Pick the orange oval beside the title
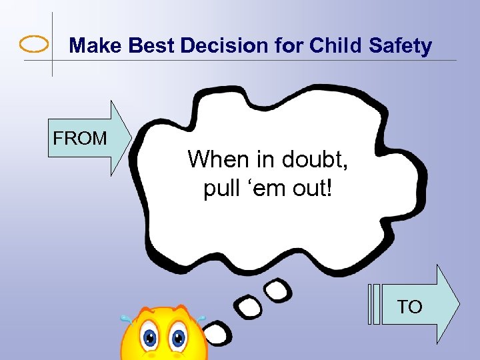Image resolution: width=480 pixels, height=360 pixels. click(x=34, y=45)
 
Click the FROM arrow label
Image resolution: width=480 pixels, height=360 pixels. click(x=80, y=139)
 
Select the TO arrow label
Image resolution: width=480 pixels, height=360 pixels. click(x=410, y=307)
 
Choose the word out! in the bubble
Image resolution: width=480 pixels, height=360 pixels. click(x=313, y=189)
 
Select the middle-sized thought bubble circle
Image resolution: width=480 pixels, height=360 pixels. click(x=251, y=307)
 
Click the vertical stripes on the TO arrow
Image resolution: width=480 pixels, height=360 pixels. click(x=373, y=305)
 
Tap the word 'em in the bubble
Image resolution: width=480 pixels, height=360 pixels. click(x=265, y=189)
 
